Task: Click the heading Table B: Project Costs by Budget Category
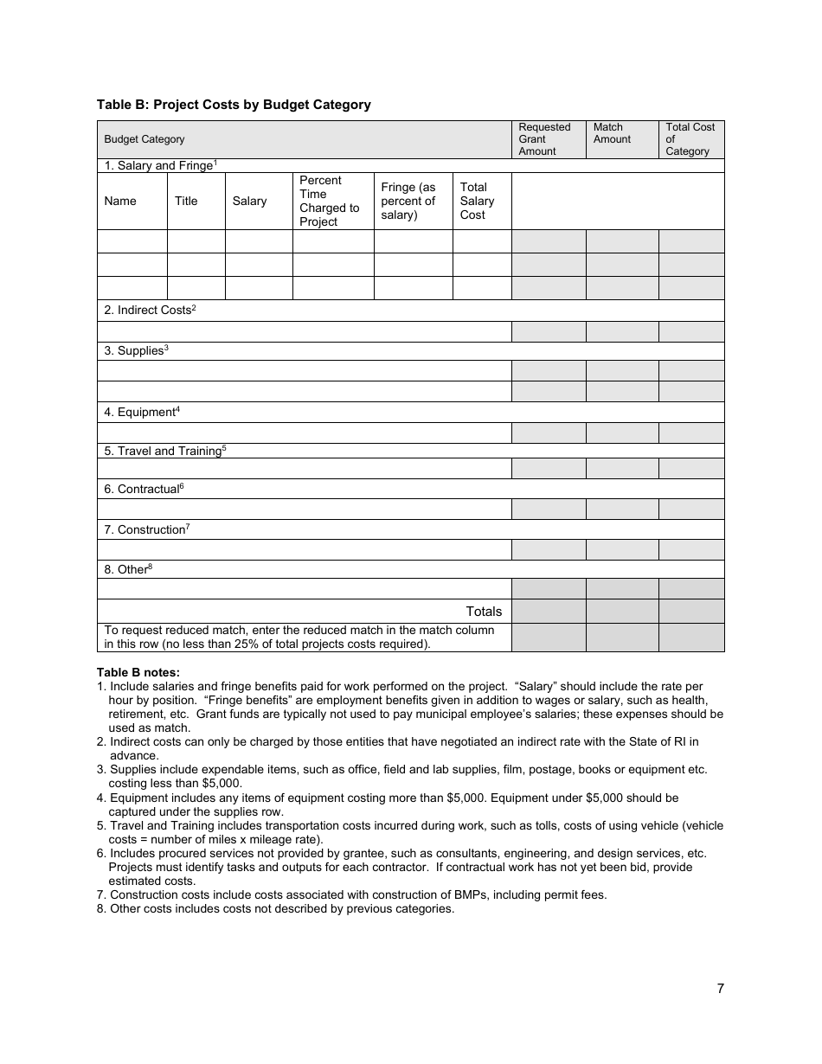234,105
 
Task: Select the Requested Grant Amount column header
544,139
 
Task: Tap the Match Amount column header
612,133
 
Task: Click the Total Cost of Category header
690,139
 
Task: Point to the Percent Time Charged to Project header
329,201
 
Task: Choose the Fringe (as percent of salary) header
408,201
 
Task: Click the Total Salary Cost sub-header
477,201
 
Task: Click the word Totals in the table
484,611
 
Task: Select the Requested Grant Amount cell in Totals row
549,611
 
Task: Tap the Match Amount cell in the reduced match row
622,638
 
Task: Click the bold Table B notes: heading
138,672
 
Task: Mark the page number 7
720,990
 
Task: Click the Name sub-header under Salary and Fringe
120,201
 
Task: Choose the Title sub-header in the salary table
186,201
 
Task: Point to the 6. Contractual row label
144,489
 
